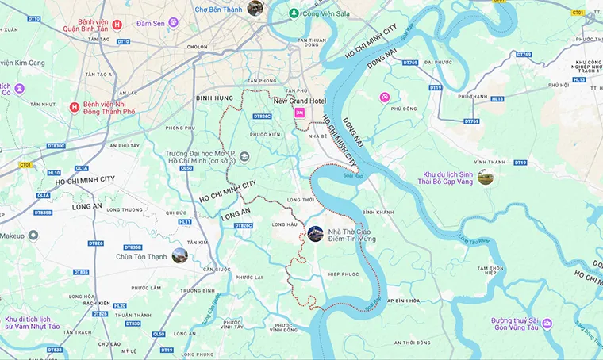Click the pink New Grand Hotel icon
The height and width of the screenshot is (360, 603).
pyautogui.click(x=300, y=113)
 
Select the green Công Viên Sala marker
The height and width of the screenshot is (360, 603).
pyautogui.click(x=294, y=13)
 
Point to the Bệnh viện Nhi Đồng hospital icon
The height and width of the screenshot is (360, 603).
pyautogui.click(x=75, y=107)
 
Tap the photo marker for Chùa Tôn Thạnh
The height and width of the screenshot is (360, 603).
pyautogui.click(x=180, y=255)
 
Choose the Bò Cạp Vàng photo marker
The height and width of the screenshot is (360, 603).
pyautogui.click(x=485, y=176)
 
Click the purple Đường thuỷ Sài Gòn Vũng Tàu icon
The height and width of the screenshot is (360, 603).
pyautogui.click(x=547, y=324)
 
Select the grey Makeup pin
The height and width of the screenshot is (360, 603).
pyautogui.click(x=33, y=236)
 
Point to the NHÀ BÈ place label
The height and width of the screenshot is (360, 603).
pyautogui.click(x=317, y=136)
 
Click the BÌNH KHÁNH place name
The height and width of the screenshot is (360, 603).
pyautogui.click(x=378, y=213)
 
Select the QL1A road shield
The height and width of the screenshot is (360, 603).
pyautogui.click(x=81, y=168)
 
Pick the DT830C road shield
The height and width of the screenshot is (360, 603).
pyautogui.click(x=56, y=146)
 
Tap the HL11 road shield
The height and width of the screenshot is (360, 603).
pyautogui.click(x=185, y=222)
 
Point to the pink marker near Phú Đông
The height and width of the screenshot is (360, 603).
pyautogui.click(x=385, y=97)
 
